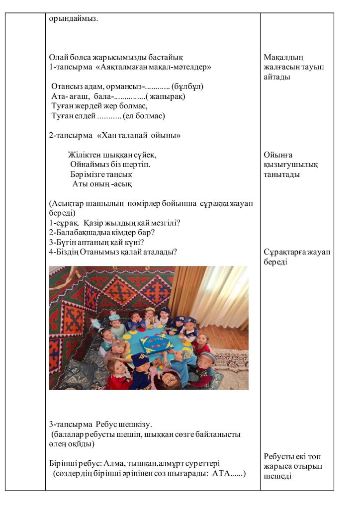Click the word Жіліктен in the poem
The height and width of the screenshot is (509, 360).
85,155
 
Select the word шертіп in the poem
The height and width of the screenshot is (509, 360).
138,164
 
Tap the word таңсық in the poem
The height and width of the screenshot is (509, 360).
119,174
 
